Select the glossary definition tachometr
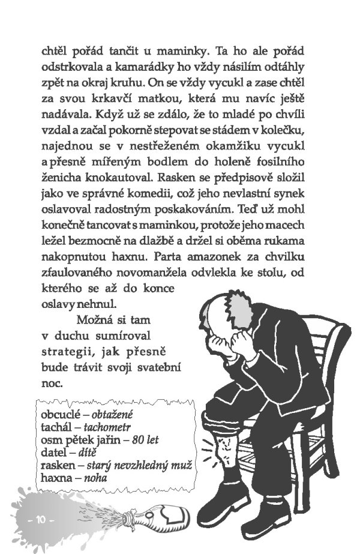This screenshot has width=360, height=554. coord(108,427)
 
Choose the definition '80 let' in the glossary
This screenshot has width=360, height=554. coord(146,440)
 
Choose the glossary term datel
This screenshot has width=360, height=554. coord(53,453)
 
